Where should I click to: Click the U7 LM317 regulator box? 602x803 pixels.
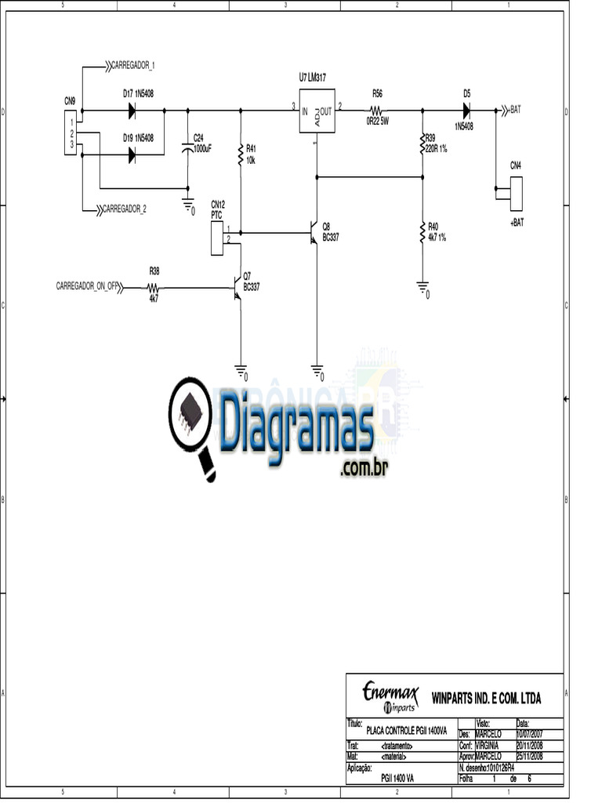(x=317, y=111)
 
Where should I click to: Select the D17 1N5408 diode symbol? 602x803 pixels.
(x=132, y=111)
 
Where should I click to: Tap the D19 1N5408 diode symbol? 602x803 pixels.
(x=132, y=155)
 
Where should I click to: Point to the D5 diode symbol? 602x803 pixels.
(x=467, y=111)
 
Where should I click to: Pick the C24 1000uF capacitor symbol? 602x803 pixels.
(x=187, y=148)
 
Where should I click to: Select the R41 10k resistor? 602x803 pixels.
(x=241, y=155)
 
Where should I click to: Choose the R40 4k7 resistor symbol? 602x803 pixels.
(x=422, y=232)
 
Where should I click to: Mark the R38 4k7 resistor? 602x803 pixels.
(x=154, y=288)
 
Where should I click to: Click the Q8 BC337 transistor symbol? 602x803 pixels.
(x=314, y=233)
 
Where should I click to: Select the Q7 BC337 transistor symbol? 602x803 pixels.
(x=237, y=287)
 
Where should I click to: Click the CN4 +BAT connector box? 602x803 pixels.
(x=516, y=193)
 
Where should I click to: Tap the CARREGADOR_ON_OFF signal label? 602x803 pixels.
(x=86, y=286)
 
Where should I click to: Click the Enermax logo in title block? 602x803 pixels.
(x=390, y=695)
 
